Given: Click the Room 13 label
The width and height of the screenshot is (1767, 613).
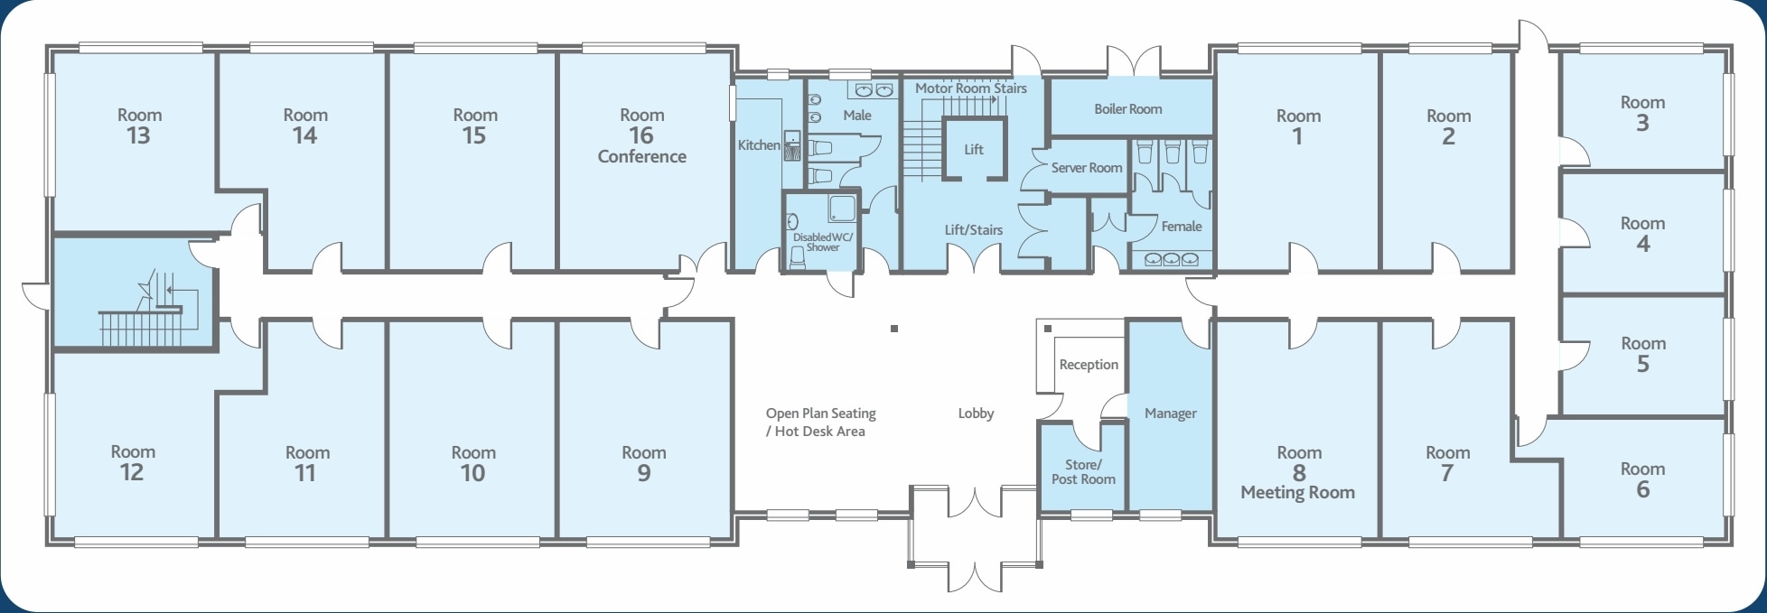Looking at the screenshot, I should [139, 125].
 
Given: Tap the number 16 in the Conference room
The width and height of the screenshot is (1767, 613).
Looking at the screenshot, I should [640, 135].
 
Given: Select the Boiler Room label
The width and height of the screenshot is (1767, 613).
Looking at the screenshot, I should [1127, 109].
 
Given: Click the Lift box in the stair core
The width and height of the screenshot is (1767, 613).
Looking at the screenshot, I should [973, 150].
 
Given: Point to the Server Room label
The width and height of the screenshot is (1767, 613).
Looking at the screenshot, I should [1086, 168].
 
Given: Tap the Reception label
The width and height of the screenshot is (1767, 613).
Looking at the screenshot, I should [1088, 365].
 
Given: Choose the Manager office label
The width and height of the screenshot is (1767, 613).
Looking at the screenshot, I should [1170, 413].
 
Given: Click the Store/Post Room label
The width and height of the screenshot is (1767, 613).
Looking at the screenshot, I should [1082, 472].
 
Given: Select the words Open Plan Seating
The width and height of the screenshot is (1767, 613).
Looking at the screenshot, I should [820, 413].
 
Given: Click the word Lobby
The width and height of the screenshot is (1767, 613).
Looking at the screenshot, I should [976, 413].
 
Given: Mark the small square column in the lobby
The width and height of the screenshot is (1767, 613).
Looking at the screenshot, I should [893, 329].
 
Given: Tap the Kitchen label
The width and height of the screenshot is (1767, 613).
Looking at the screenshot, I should [758, 145].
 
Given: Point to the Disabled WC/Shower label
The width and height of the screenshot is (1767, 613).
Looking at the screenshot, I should [822, 242].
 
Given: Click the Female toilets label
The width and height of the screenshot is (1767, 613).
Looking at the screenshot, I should [1181, 227].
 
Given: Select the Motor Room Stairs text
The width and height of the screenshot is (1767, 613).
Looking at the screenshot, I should [970, 88].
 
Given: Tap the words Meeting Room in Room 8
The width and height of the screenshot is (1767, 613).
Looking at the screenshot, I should [1297, 493].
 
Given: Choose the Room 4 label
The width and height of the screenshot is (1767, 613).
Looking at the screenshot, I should [1641, 233].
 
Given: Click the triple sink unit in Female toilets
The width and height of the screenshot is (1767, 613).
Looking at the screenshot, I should [1172, 260].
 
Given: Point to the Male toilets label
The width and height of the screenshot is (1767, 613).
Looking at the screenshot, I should [856, 116].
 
